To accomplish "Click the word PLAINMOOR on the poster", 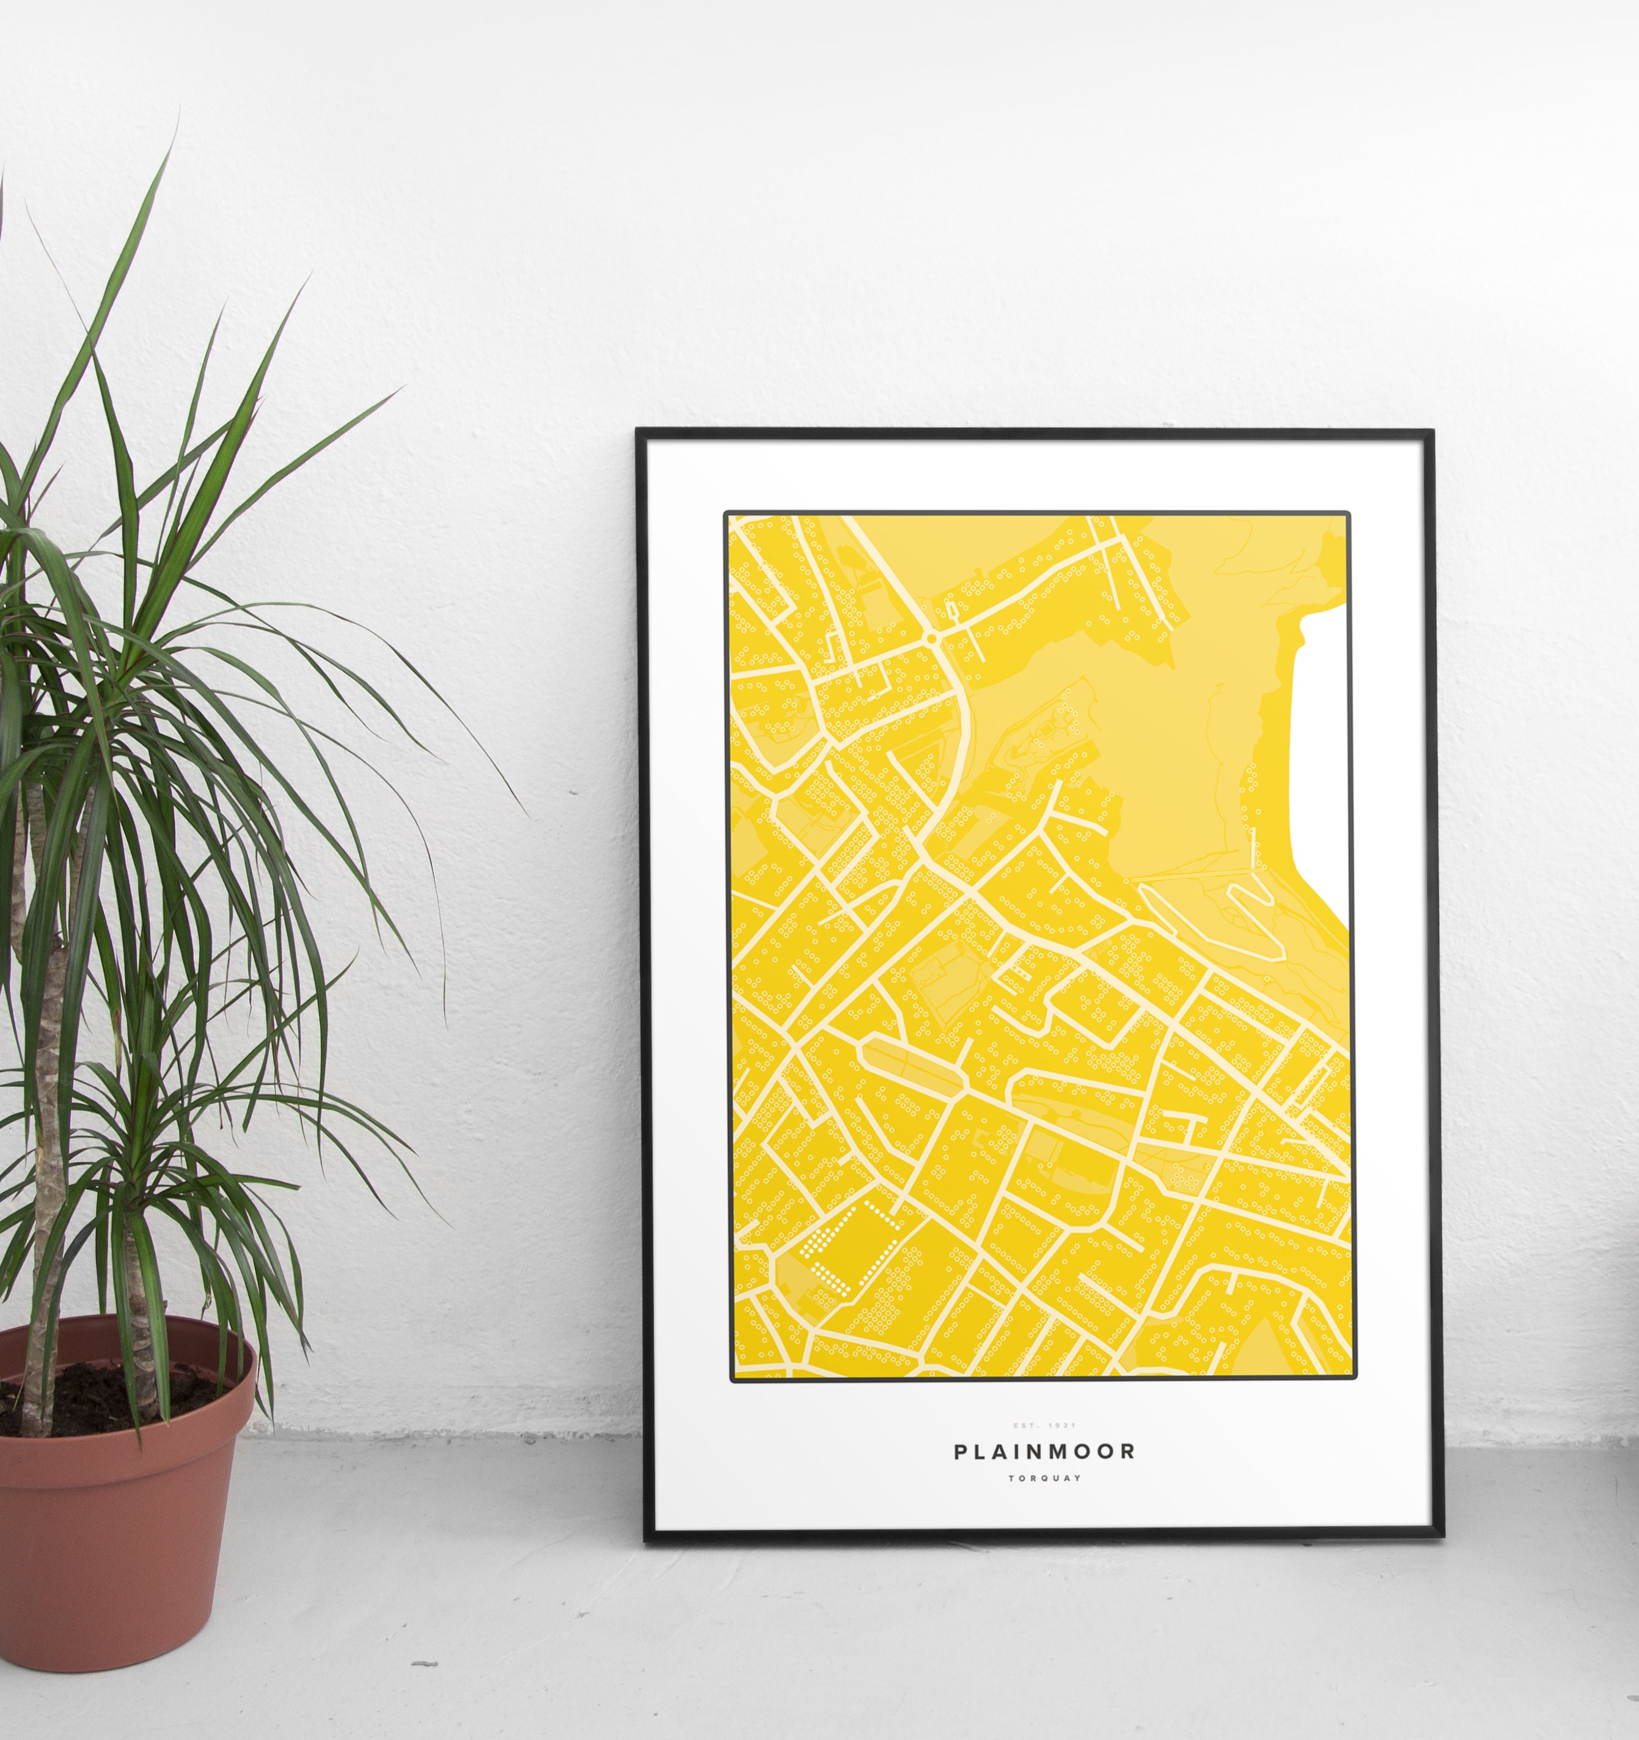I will pyautogui.click(x=1044, y=1451).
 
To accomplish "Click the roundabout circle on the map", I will pyautogui.click(x=931, y=640).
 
